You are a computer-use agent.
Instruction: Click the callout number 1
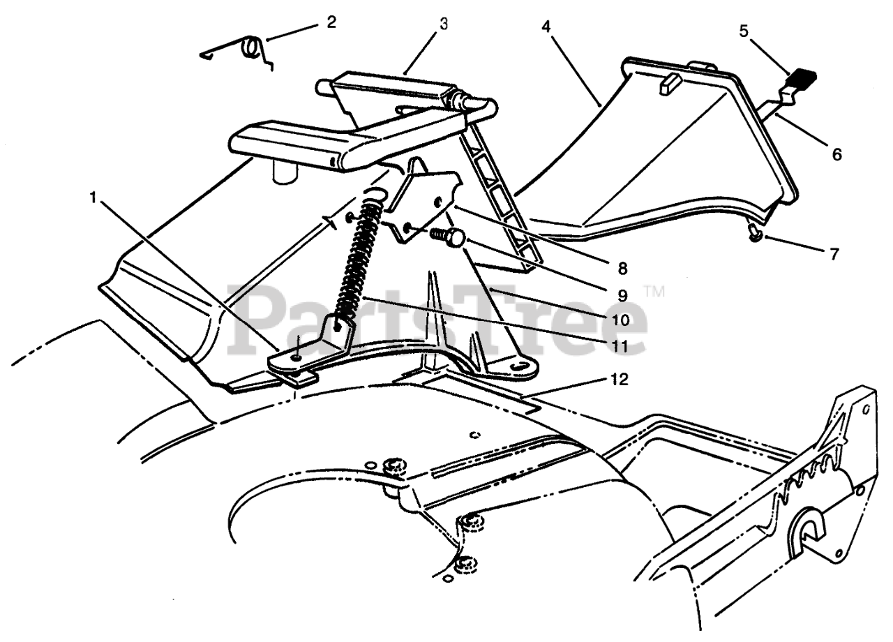[x=93, y=197]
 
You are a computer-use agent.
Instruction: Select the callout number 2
[x=331, y=21]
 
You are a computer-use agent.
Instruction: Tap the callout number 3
[x=444, y=23]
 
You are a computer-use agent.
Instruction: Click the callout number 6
[x=836, y=154]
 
